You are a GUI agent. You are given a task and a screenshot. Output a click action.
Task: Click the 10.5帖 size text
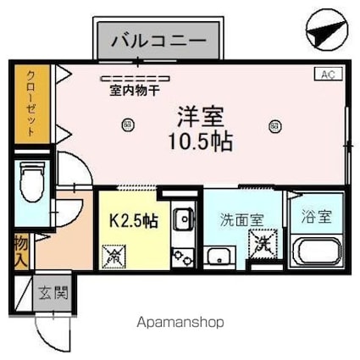(200, 139)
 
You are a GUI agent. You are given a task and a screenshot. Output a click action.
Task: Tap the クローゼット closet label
(30, 105)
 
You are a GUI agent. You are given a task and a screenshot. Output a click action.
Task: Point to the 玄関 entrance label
(50, 294)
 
